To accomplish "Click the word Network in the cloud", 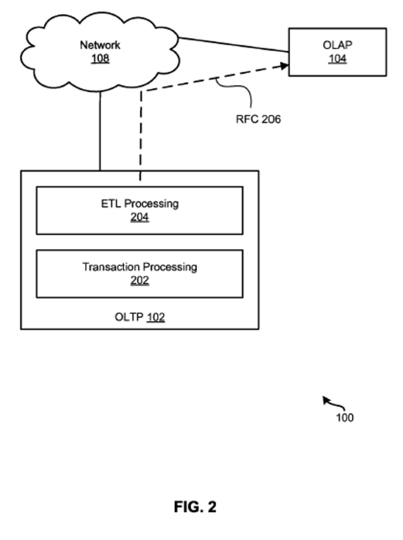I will click(x=100, y=45).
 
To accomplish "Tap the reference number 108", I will click(x=100, y=58).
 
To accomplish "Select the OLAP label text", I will click(x=337, y=45).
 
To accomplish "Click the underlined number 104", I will click(x=337, y=59).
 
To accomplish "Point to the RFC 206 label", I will click(x=258, y=119).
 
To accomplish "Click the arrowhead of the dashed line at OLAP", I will click(x=284, y=65).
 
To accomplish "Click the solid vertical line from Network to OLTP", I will click(x=100, y=132).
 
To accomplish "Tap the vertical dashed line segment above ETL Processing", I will click(x=140, y=137).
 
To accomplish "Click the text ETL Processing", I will click(x=140, y=204).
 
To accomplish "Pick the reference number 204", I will click(x=140, y=217).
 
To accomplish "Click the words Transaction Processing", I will click(x=140, y=267).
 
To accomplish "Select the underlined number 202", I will click(x=140, y=281).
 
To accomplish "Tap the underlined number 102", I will click(x=156, y=317).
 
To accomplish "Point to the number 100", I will click(x=344, y=418).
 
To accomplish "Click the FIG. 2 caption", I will click(x=195, y=507).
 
